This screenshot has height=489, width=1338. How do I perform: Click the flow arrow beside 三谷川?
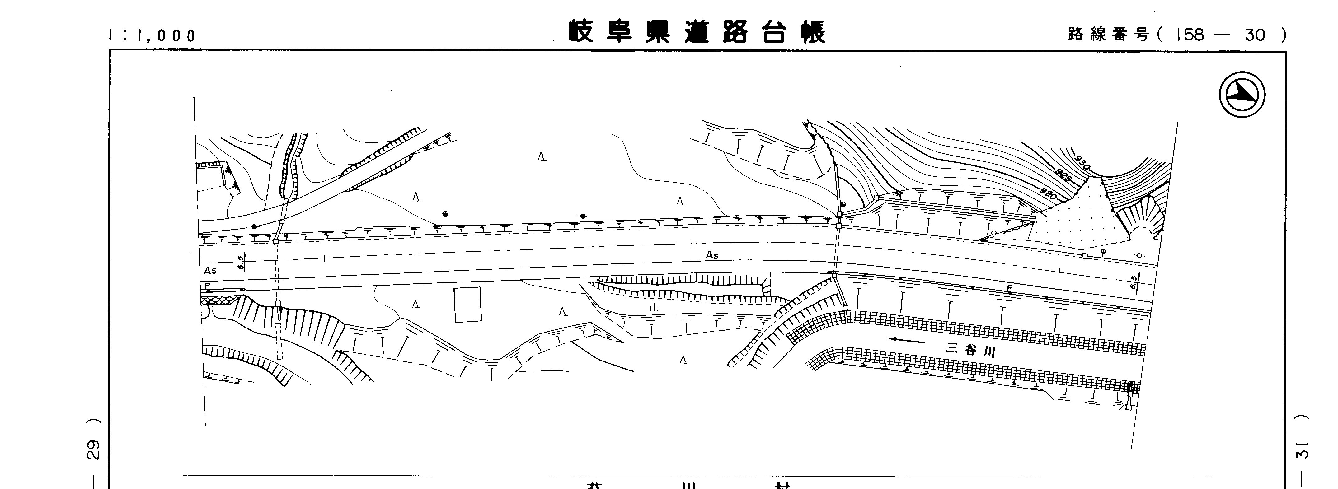pyautogui.click(x=906, y=341)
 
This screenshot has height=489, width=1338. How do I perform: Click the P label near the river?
pyautogui.click(x=1009, y=288)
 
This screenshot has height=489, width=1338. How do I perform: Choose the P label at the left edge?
pyautogui.click(x=207, y=286)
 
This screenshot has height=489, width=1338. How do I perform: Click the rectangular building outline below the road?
pyautogui.click(x=467, y=305)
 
